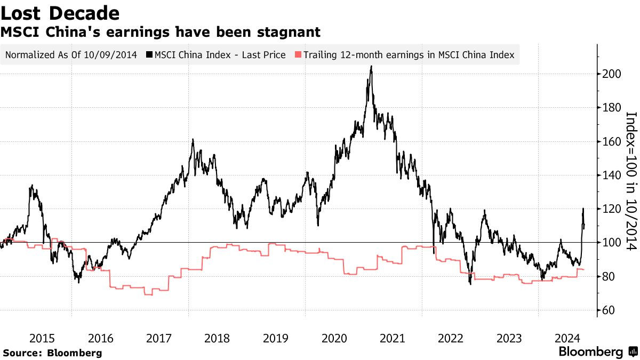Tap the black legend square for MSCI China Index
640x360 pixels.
[150, 54]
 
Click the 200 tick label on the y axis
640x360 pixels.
[610, 74]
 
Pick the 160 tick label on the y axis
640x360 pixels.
[610, 142]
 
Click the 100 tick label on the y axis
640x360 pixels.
[610, 243]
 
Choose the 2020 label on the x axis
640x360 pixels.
[334, 338]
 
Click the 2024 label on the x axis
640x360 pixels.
[567, 338]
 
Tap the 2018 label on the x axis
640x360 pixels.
[217, 338]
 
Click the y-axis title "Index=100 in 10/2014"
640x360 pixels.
[631, 181]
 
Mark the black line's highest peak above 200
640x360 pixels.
[371, 67]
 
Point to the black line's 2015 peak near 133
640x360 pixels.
[32, 186]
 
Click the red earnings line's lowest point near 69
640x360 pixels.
[148, 294]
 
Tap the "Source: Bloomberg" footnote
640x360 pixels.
[52, 353]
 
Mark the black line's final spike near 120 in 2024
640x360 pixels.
[583, 209]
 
